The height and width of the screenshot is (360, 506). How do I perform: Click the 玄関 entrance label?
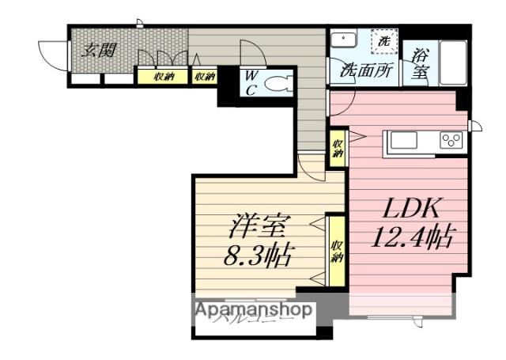click(x=100, y=50)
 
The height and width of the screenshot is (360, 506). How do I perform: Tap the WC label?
click(x=250, y=81)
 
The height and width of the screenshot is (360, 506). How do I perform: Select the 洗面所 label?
click(x=366, y=69)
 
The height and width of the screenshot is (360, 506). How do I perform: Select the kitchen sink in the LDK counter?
click(x=403, y=141)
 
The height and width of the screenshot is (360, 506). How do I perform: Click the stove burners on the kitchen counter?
click(x=451, y=141)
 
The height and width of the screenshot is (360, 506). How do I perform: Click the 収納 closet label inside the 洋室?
click(x=336, y=250)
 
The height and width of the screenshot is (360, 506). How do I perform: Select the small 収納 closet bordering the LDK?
click(x=338, y=148)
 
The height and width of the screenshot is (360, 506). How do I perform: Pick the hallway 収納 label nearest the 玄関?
click(x=164, y=77)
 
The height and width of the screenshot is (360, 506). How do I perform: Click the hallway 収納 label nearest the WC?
click(x=205, y=77)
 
